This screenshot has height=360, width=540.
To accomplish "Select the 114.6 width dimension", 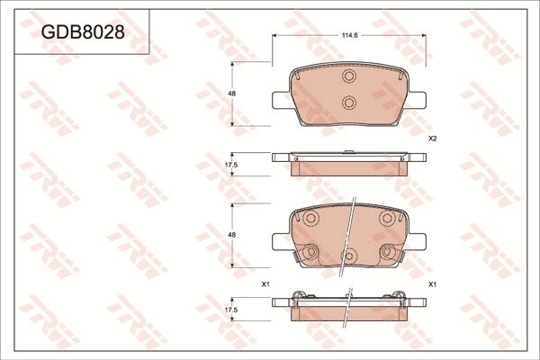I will [x=349, y=35].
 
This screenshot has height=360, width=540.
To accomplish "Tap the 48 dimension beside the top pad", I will [x=231, y=94].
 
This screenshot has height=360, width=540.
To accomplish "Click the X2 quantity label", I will [x=432, y=139].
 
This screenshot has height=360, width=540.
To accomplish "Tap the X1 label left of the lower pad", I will [x=265, y=284].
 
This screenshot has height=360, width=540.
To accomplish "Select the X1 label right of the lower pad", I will [x=432, y=284].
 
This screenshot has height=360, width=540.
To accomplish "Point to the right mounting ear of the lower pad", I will [x=418, y=240].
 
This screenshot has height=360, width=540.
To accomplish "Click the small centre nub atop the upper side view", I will [x=349, y=149].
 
